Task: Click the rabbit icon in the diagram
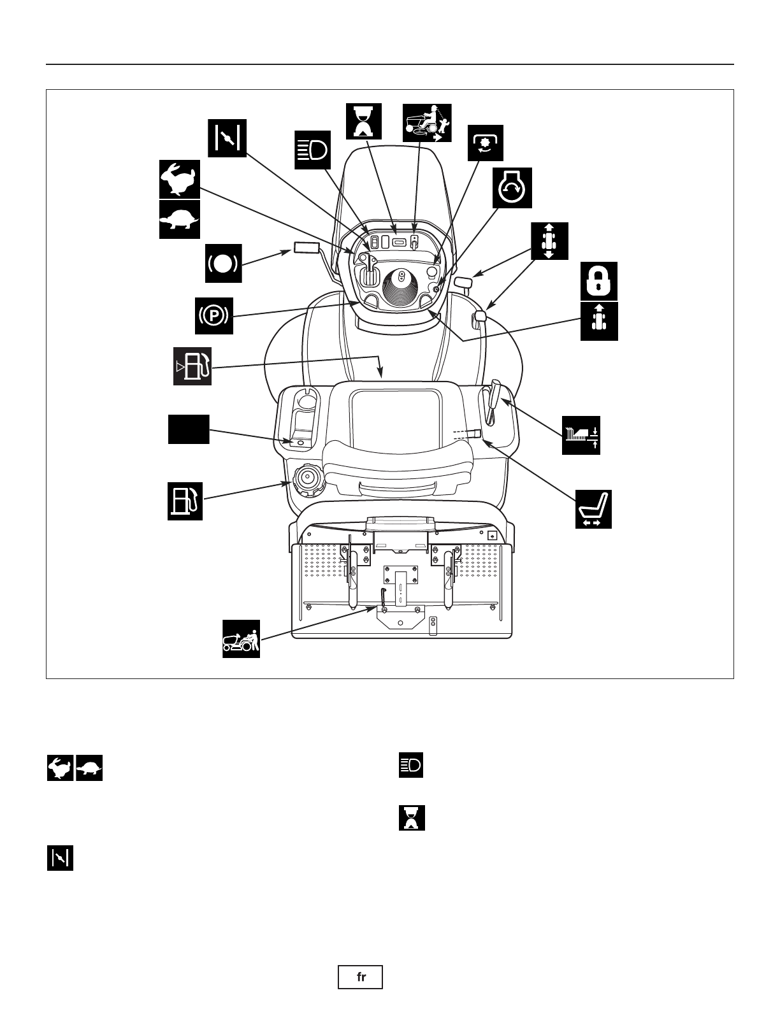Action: pos(179,179)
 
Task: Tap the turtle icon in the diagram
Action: pos(179,220)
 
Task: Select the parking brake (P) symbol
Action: pos(213,315)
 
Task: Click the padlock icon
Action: pos(599,281)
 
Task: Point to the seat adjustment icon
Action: pos(593,509)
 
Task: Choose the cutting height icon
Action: pos(581,435)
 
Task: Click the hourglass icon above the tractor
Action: pos(364,121)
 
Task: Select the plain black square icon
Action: pos(189,429)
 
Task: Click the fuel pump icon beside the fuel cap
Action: pos(185,501)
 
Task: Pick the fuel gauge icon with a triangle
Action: pos(192,366)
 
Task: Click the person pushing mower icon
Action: pos(241,638)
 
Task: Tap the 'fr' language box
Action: pos(361,977)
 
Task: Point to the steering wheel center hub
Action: pos(401,276)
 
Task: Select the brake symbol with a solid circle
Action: pos(223,263)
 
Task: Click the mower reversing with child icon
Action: pos(427,123)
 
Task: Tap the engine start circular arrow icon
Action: pos(512,189)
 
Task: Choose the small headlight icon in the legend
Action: pos(411,765)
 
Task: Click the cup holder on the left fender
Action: pos(306,402)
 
